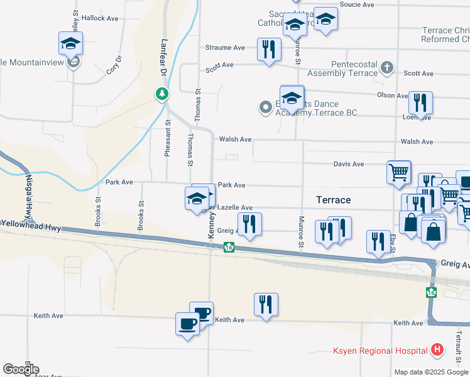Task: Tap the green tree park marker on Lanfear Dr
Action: (x=162, y=94)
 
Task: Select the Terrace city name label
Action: (x=333, y=200)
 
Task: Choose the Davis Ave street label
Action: (x=349, y=164)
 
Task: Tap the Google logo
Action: (x=21, y=369)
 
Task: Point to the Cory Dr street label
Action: (x=113, y=67)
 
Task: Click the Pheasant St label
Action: (x=168, y=141)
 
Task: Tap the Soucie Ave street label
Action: (x=357, y=4)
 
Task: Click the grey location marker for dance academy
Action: (x=265, y=108)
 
